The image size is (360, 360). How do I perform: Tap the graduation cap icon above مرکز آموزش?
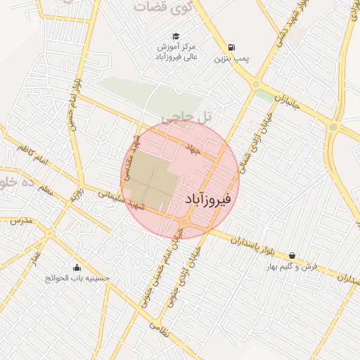(x=175, y=37)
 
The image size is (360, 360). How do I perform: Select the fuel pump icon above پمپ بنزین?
(x=233, y=48)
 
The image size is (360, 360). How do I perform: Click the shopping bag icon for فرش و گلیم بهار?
(x=291, y=256)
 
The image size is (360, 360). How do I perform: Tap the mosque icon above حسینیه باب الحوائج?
(x=77, y=267)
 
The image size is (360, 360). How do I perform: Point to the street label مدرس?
(x=21, y=221)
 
